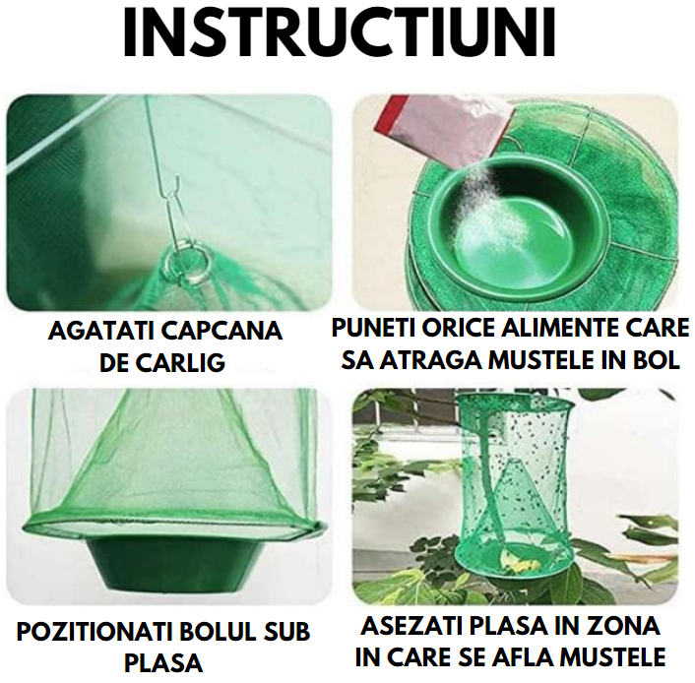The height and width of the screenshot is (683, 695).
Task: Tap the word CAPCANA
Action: [225, 331]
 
